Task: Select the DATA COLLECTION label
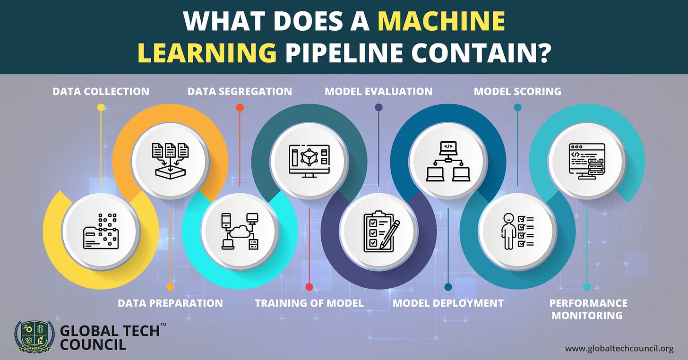point(101,91)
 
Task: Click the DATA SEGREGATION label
point(240,91)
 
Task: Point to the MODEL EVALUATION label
point(378,91)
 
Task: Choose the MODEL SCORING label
point(517,91)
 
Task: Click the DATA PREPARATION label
point(170,303)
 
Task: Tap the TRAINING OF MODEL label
point(309,303)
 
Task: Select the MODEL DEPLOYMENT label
point(448,303)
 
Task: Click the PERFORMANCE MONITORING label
point(588,309)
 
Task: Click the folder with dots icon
point(100,231)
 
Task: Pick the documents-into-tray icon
point(170,161)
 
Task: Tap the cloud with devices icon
point(240,231)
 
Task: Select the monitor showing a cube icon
point(309,161)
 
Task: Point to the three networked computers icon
point(447,161)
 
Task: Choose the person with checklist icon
point(517,231)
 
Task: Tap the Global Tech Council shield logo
point(34,336)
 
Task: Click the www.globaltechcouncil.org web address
point(619,349)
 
